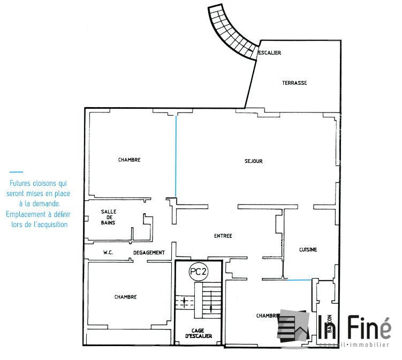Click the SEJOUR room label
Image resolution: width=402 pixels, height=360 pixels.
254,161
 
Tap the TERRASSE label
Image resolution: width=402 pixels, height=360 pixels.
294,83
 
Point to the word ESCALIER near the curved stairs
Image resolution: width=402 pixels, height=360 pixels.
270,52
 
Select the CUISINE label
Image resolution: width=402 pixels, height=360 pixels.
308,250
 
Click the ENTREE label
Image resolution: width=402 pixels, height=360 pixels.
223,236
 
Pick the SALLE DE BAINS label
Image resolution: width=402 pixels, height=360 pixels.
109,217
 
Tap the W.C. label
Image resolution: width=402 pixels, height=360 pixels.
110,252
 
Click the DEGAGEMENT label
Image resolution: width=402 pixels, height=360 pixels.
148,252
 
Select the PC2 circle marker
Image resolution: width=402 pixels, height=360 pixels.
198,272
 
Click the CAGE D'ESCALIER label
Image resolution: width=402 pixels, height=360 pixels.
198,333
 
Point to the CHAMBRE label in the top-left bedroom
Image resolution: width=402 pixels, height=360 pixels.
129,160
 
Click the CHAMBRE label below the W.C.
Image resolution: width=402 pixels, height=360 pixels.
125,297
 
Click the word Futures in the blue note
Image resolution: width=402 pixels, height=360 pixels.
20,183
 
